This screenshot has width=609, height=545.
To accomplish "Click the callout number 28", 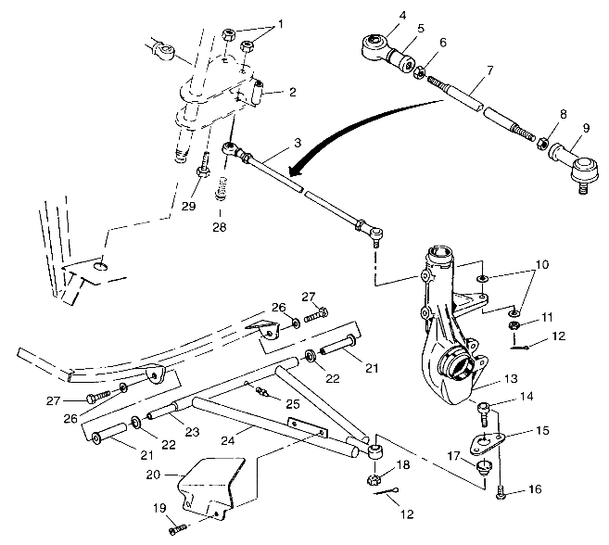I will coord(220,227).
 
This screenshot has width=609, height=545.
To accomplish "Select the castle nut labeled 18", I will coord(377,480).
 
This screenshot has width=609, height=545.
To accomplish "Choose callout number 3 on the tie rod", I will coord(296,143).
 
